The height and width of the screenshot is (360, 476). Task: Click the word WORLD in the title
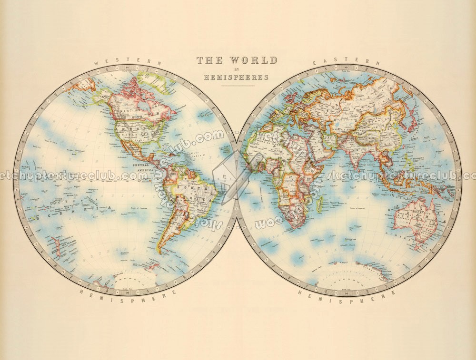click(253, 60)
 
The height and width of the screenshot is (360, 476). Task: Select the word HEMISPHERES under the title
click(237, 77)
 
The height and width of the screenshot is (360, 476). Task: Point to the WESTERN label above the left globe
click(128, 62)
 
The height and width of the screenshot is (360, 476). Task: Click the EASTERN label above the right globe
click(347, 62)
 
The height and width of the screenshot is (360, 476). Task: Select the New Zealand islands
click(56, 247)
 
